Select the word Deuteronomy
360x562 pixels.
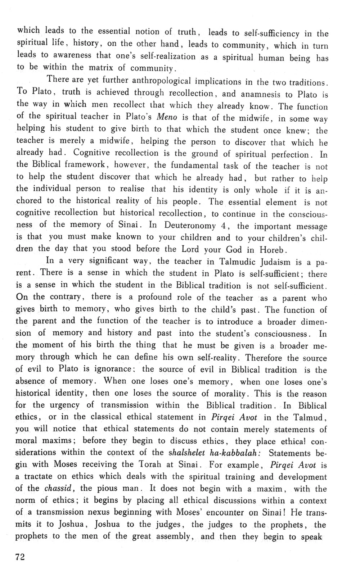coord(190,225)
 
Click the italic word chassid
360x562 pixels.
coord(59,488)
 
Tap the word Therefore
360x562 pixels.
coord(266,358)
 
